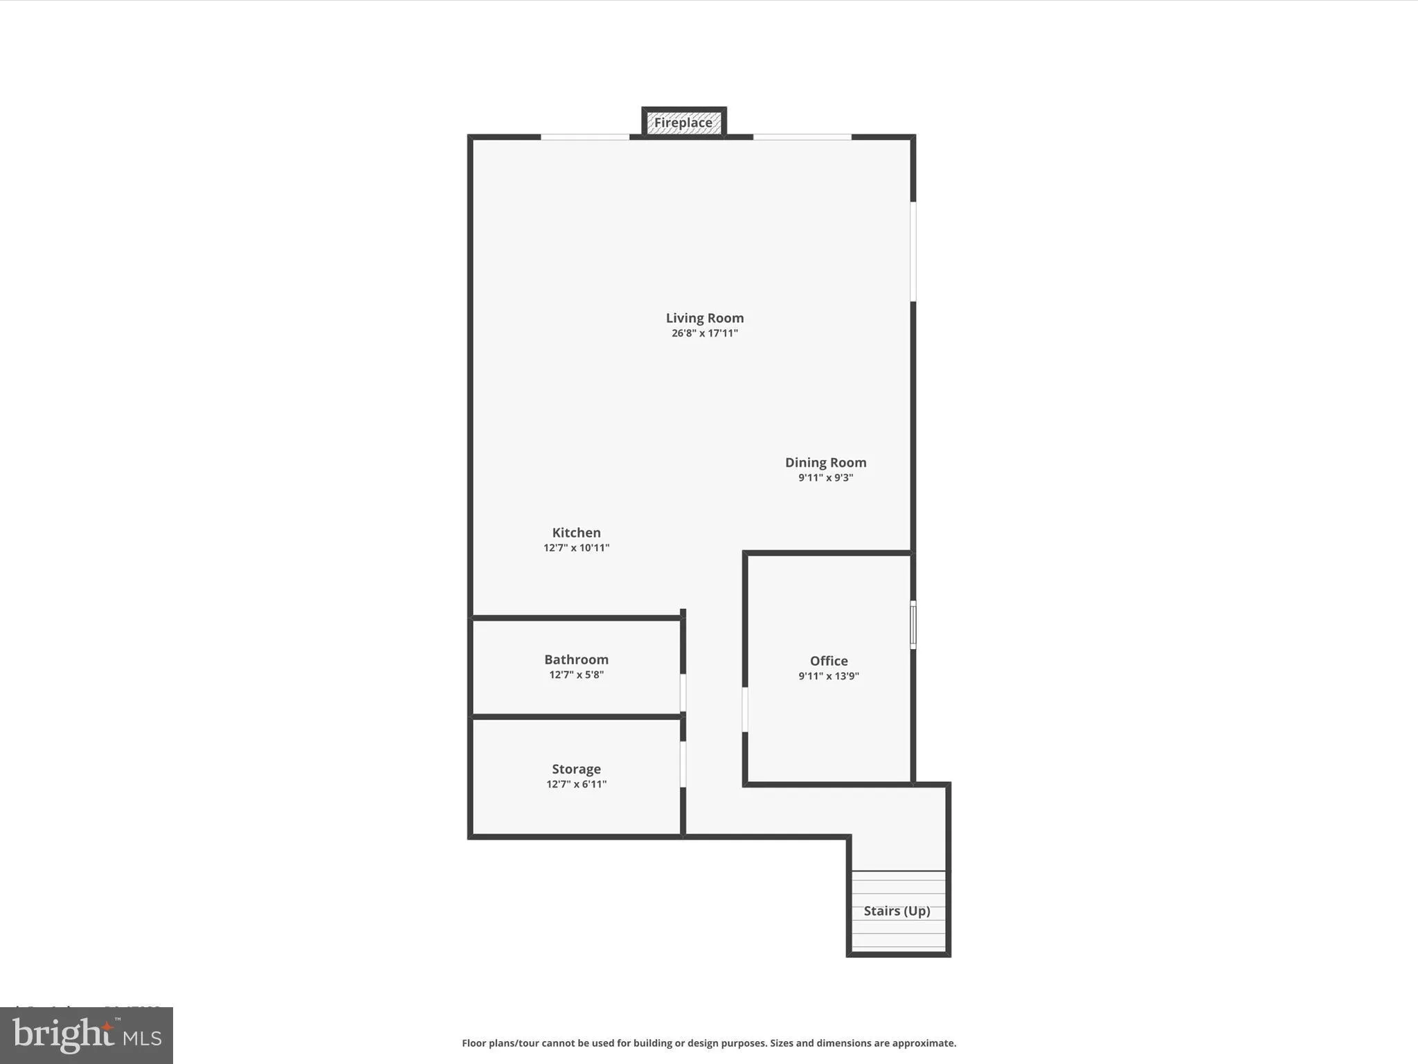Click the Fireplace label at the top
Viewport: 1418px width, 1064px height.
point(683,123)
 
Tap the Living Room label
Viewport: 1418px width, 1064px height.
point(705,318)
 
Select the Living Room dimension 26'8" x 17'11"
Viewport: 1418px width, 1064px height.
point(705,333)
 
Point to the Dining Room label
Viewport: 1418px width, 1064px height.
point(825,462)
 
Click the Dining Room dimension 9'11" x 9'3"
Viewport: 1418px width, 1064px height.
point(825,478)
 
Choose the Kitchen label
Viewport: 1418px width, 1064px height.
point(576,533)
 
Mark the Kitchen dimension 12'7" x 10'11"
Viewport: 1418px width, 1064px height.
point(576,548)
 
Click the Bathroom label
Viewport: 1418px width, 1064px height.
point(576,659)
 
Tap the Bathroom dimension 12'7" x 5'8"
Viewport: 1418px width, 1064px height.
point(576,675)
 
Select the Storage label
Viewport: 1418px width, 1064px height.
point(576,769)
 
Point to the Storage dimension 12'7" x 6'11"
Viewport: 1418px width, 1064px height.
point(576,784)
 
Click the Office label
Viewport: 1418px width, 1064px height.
point(829,661)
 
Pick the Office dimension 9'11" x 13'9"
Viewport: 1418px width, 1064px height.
point(829,676)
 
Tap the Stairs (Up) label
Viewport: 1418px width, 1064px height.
point(897,911)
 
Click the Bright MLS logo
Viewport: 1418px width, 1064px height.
point(87,1036)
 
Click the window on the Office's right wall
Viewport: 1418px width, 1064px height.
point(913,625)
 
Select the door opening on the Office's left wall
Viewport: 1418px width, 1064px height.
point(745,709)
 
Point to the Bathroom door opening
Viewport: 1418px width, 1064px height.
point(683,693)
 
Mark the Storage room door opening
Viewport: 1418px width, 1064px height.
point(683,764)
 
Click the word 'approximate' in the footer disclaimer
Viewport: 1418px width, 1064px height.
point(923,1043)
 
